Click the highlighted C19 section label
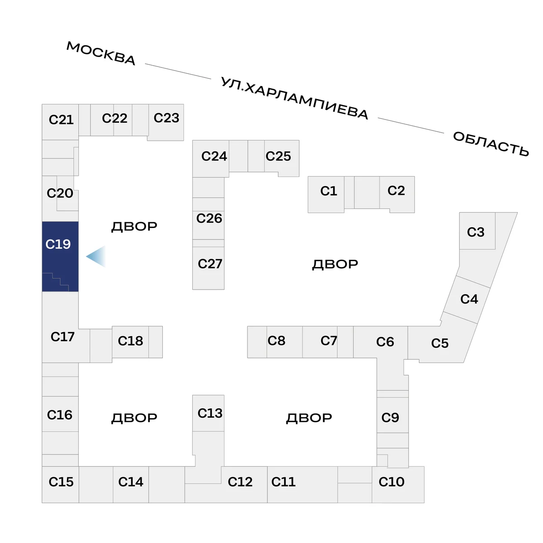[58, 244]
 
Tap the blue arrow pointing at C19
[96, 256]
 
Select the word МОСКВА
[101, 53]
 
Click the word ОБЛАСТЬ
[491, 144]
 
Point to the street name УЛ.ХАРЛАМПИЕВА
[294, 98]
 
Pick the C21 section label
[61, 120]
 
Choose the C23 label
[166, 118]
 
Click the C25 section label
[278, 156]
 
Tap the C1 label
[329, 191]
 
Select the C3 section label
[476, 232]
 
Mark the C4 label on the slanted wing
[469, 299]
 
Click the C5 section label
[439, 343]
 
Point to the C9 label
[390, 418]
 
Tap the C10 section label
[391, 482]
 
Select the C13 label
[210, 414]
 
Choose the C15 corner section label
[61, 482]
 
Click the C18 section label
[130, 341]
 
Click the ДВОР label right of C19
[134, 227]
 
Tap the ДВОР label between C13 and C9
[309, 418]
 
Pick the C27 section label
[210, 264]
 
